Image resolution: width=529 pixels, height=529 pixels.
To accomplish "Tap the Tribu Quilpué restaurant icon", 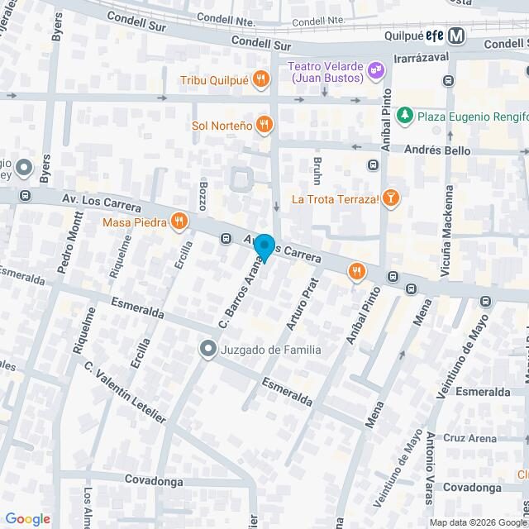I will [261, 80].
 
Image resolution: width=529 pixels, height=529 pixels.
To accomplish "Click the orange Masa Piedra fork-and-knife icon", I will [178, 221].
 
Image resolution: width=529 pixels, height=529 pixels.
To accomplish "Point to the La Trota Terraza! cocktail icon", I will [392, 198].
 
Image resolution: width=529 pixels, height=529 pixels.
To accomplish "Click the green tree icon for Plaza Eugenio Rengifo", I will [404, 116].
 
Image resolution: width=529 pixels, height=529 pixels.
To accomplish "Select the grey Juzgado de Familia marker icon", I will [207, 350].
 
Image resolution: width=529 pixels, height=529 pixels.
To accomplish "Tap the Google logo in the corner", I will [27, 519].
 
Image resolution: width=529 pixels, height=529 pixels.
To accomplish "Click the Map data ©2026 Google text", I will [475, 522].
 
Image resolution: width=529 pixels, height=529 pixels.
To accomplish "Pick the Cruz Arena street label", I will [470, 438].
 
